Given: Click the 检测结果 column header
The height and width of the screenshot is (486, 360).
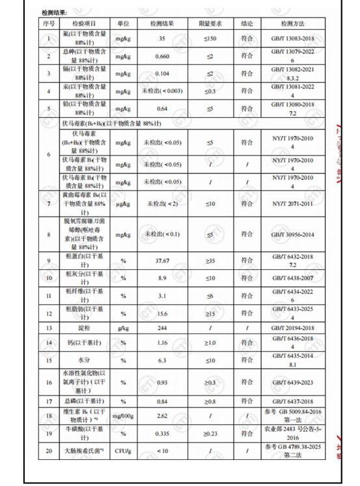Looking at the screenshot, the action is [x=159, y=23].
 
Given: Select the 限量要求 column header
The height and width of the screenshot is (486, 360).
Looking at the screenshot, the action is [x=209, y=23].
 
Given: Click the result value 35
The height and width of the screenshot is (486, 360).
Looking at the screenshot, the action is [x=159, y=39].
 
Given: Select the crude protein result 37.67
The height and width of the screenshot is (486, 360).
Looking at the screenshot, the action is [x=159, y=262].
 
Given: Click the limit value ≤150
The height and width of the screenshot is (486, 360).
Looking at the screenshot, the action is [x=209, y=39].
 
